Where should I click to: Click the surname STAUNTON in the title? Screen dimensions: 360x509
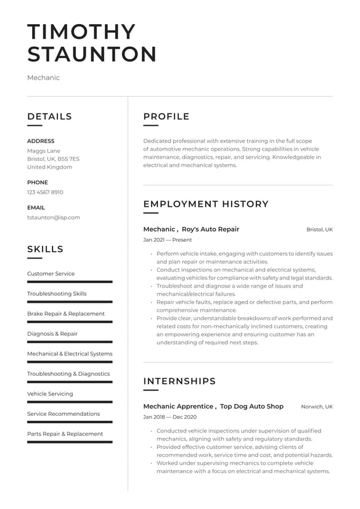click(x=92, y=54)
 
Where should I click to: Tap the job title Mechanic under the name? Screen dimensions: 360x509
click(x=43, y=78)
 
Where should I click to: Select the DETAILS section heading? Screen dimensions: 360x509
click(x=49, y=117)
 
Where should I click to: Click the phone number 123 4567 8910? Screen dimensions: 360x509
click(x=45, y=192)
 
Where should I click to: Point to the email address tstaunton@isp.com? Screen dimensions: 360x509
click(x=53, y=217)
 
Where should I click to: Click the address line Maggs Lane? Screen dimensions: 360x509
click(x=43, y=151)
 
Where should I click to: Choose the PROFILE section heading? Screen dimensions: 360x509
click(x=166, y=117)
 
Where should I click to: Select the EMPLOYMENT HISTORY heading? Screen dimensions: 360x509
click(x=206, y=204)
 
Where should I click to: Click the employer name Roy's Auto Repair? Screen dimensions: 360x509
click(x=211, y=229)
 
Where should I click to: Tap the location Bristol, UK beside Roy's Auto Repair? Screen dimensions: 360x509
click(x=319, y=230)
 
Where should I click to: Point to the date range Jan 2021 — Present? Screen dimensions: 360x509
click(x=167, y=240)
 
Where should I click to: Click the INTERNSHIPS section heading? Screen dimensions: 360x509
click(x=179, y=381)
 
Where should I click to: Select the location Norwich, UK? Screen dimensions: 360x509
click(x=316, y=407)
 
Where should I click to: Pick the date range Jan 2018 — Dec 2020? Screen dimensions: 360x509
click(x=170, y=417)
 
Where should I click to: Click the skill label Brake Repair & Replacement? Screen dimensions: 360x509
click(x=66, y=313)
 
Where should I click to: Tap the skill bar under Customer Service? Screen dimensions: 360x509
click(x=70, y=281)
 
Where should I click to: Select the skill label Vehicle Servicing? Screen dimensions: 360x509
click(x=50, y=394)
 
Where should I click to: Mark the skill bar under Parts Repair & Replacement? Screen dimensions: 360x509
click(x=70, y=442)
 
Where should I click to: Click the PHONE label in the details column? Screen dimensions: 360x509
click(x=37, y=183)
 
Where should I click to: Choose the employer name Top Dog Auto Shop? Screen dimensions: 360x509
click(x=252, y=407)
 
